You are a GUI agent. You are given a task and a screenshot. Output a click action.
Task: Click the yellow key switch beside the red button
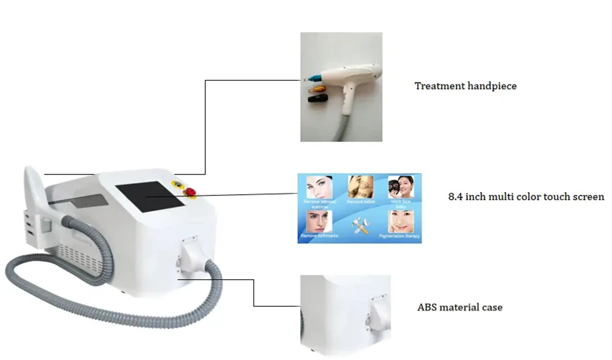(x=178, y=183)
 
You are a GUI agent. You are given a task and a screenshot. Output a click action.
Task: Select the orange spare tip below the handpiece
(x=313, y=91)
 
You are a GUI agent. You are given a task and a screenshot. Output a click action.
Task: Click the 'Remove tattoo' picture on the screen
(x=361, y=187)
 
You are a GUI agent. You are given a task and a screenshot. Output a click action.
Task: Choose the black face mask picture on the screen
(x=401, y=187)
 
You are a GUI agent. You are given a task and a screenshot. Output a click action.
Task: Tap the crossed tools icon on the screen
(x=361, y=224)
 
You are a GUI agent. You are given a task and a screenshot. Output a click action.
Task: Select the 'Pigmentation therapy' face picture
(x=401, y=222)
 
